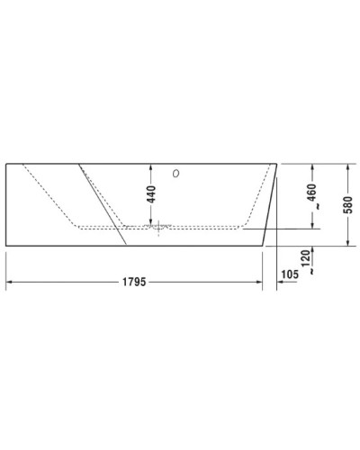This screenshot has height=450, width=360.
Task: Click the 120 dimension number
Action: (307, 261)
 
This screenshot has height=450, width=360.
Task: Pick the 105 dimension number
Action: (290, 272)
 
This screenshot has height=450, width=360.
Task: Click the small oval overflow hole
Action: (175, 173)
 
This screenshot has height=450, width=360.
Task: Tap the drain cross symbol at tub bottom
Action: (159, 227)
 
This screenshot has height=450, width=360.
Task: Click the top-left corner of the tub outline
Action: (6, 164)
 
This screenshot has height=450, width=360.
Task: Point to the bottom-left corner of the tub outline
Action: (6, 244)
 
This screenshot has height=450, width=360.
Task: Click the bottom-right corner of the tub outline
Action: (264, 244)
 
